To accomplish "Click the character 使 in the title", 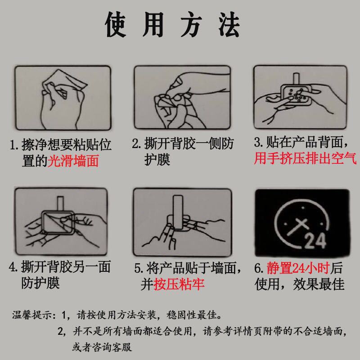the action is click(116, 25).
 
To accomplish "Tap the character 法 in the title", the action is click(229, 25).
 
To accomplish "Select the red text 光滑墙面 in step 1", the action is click(73, 161).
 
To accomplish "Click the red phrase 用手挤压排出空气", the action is click(305, 158).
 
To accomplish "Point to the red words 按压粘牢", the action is click(179, 284).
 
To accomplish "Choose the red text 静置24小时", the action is click(298, 268).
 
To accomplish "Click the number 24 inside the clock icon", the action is click(315, 241).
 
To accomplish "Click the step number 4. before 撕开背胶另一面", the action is click(13, 267).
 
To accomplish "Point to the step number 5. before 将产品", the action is click(139, 268).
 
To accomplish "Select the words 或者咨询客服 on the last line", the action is click(102, 347).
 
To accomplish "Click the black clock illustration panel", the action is click(302, 222).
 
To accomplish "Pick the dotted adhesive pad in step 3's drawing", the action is click(296, 95).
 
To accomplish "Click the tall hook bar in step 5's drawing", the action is click(178, 212).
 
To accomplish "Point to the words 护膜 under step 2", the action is click(157, 159).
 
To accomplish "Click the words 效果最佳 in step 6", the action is click(319, 284).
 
